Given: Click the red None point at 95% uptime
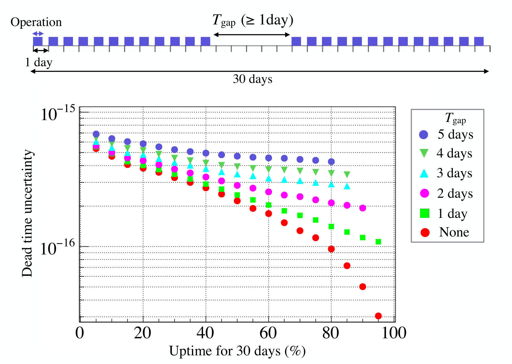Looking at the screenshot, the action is [378, 316].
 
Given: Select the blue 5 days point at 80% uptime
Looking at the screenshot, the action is [331, 162].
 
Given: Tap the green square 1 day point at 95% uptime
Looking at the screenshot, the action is [378, 241].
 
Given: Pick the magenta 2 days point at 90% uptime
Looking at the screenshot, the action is [362, 208].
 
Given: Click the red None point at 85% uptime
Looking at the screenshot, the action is [347, 266].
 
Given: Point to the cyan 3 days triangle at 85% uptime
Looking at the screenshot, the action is [347, 186].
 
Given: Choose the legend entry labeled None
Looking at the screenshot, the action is [445, 232].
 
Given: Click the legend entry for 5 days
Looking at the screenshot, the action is [446, 134].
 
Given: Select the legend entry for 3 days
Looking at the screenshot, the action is [446, 173].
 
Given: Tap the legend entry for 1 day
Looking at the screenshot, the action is [444, 214].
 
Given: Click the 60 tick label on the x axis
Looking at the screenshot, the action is [268, 333].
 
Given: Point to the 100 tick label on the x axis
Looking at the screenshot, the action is [394, 333].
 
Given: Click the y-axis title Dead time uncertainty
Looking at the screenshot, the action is [27, 213].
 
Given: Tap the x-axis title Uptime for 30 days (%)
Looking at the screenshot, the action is [237, 351].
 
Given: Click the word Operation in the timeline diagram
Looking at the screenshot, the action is [36, 22].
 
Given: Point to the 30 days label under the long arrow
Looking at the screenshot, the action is [253, 79].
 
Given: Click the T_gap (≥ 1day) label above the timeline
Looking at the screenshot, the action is [253, 20].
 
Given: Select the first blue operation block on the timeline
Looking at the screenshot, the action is [38, 41].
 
